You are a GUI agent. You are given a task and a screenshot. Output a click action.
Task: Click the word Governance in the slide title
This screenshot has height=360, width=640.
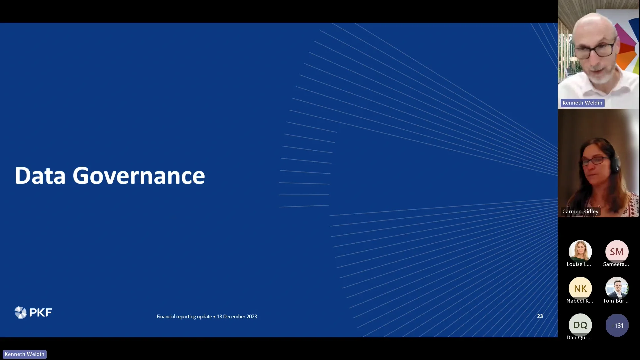point(139,176)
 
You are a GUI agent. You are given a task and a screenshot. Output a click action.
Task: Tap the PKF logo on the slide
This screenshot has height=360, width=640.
point(33,312)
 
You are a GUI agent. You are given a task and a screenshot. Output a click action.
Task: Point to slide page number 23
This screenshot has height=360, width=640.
point(540,316)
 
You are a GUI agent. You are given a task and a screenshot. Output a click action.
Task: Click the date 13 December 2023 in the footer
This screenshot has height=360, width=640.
point(237,316)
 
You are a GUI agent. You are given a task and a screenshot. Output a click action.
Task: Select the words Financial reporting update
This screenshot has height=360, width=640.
point(184,316)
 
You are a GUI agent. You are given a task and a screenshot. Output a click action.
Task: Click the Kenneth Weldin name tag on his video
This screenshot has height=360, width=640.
point(582,103)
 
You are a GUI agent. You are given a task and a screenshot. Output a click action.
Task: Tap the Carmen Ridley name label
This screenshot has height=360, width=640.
point(580,211)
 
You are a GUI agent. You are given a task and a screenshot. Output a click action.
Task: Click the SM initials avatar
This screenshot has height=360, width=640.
point(617,252)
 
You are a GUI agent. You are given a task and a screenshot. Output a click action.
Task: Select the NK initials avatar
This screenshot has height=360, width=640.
point(580,288)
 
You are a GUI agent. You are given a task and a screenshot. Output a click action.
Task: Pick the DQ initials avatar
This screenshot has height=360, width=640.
point(580,325)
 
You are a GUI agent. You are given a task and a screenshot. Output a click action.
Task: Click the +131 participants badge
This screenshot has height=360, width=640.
point(617,325)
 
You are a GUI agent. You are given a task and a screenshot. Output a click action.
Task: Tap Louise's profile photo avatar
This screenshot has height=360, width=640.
point(580,251)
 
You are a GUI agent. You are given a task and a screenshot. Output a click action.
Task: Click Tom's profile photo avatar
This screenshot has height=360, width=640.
point(617,288)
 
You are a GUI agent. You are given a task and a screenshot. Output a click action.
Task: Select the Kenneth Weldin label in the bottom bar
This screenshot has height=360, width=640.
point(24,354)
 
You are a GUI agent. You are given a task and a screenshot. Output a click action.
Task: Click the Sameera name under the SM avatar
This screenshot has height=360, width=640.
point(616,264)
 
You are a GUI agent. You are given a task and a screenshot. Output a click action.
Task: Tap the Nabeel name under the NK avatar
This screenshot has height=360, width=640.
point(580,301)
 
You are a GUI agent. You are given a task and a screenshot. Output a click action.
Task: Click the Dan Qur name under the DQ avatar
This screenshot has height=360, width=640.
point(579,337)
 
